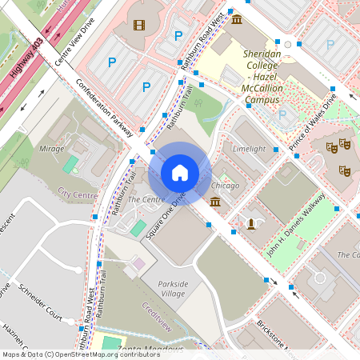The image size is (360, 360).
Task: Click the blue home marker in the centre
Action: [180, 172]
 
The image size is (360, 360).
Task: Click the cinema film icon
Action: [140, 26]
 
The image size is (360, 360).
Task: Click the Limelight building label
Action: [248, 150]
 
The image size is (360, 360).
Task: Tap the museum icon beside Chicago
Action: [215, 203]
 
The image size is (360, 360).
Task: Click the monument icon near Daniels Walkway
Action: [251, 223]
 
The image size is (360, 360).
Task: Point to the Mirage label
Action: [52, 149]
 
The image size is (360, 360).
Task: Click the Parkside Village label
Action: [172, 289]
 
